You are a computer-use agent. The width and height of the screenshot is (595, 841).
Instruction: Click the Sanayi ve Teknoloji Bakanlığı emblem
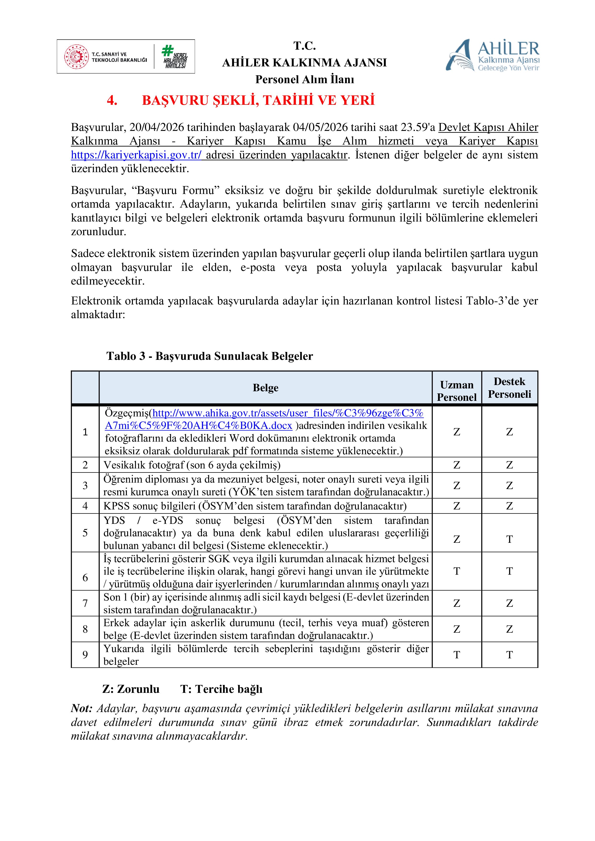click(x=77, y=57)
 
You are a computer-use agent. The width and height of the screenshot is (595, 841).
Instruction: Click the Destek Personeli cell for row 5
click(x=509, y=539)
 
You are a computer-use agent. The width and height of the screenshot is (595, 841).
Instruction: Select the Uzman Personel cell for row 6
click(x=457, y=571)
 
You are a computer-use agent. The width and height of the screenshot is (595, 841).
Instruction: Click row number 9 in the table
click(x=85, y=654)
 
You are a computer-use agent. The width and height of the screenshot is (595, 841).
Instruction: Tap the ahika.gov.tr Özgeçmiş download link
click(x=264, y=419)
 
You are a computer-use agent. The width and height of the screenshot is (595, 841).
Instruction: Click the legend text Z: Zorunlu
click(x=131, y=689)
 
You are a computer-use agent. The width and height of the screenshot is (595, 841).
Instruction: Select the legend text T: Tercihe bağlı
click(x=221, y=689)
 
